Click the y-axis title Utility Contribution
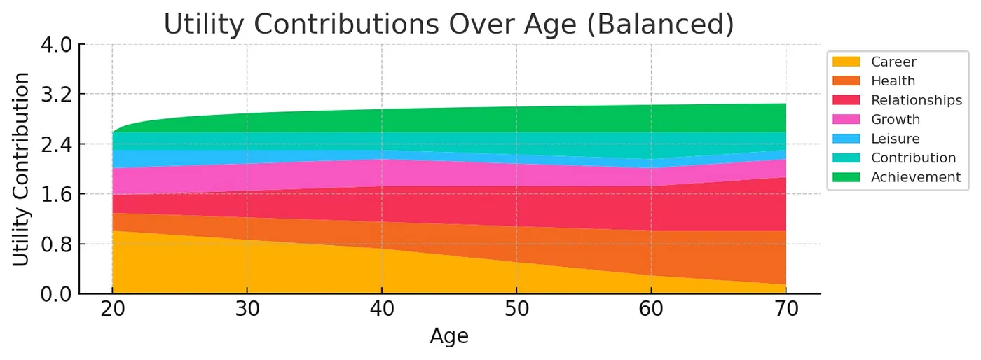22,169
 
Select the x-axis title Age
448,336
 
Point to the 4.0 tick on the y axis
57,45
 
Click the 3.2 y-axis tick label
57,95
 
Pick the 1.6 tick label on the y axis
57,194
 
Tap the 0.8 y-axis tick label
57,244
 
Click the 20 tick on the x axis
112,310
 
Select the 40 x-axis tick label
382,310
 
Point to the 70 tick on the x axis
786,310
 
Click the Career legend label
893,62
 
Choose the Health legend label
893,81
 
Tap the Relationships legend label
916,100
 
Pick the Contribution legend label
913,158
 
